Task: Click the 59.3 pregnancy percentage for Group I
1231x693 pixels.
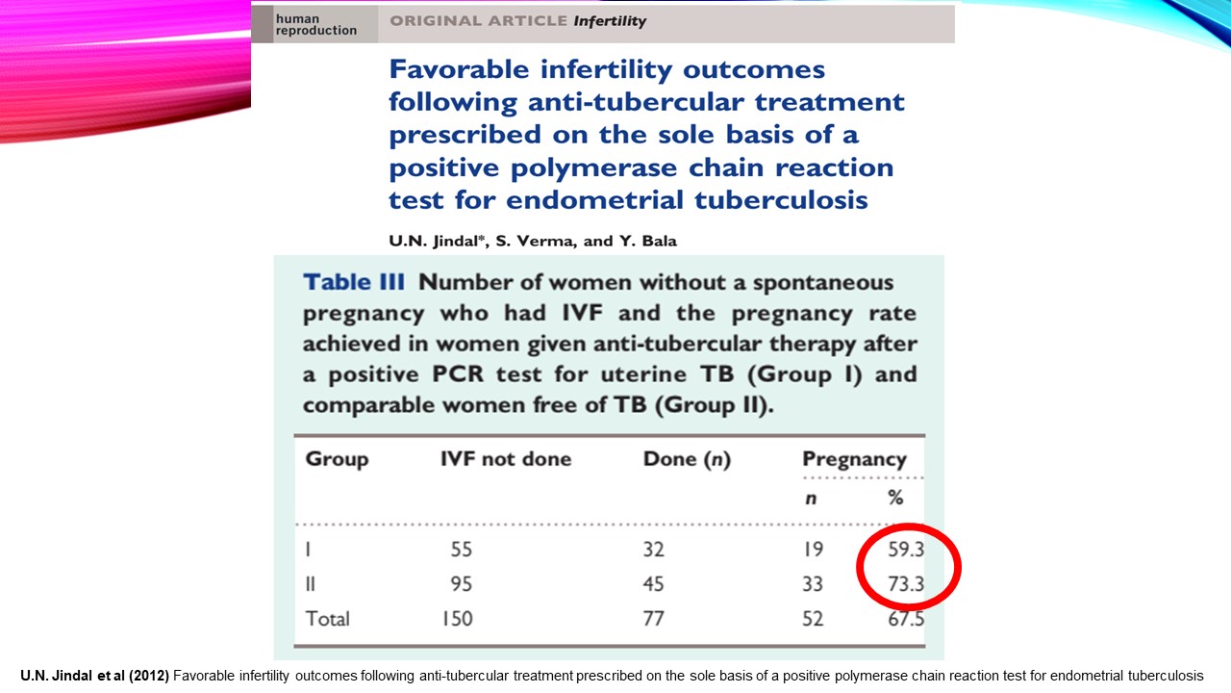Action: [x=906, y=551]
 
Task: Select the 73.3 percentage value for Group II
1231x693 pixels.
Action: [x=906, y=584]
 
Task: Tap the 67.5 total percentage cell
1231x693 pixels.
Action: [x=906, y=618]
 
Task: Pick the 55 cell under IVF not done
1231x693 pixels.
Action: [x=462, y=551]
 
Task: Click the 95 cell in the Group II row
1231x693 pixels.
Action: [x=462, y=584]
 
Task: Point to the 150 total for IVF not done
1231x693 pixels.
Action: [x=457, y=618]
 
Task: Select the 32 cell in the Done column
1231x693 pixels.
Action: [x=653, y=551]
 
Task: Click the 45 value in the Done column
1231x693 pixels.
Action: [x=653, y=584]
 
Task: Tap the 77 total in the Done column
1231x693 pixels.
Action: [x=653, y=618]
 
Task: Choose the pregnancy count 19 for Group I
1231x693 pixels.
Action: [x=813, y=551]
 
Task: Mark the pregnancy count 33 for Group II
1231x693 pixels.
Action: [x=813, y=584]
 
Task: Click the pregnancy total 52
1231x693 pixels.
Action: [x=813, y=618]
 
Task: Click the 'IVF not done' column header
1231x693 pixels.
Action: [x=506, y=459]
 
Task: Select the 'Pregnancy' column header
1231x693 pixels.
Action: [x=854, y=459]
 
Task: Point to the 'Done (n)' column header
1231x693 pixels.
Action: [x=687, y=460]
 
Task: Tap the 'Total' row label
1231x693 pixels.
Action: [x=328, y=618]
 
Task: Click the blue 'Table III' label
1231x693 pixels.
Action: [x=351, y=282]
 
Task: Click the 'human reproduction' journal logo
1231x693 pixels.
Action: [x=314, y=24]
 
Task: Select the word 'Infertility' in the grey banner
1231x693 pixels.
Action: [x=611, y=21]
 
